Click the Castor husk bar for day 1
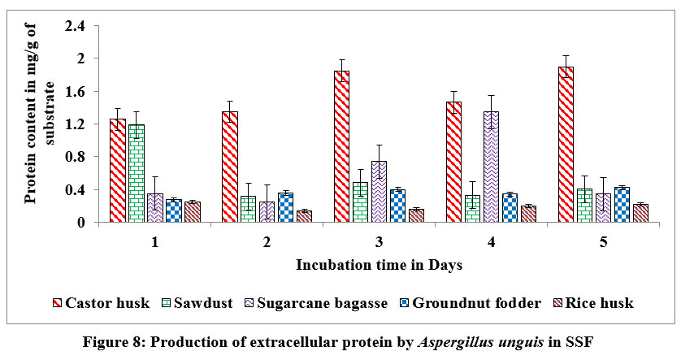coord(118,171)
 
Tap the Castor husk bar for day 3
coord(341,146)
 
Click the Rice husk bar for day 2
coord(304,216)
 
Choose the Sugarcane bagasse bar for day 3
coord(379,192)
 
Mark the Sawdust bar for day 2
coord(248,209)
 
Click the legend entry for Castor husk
coord(101,303)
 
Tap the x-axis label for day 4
coord(492,242)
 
